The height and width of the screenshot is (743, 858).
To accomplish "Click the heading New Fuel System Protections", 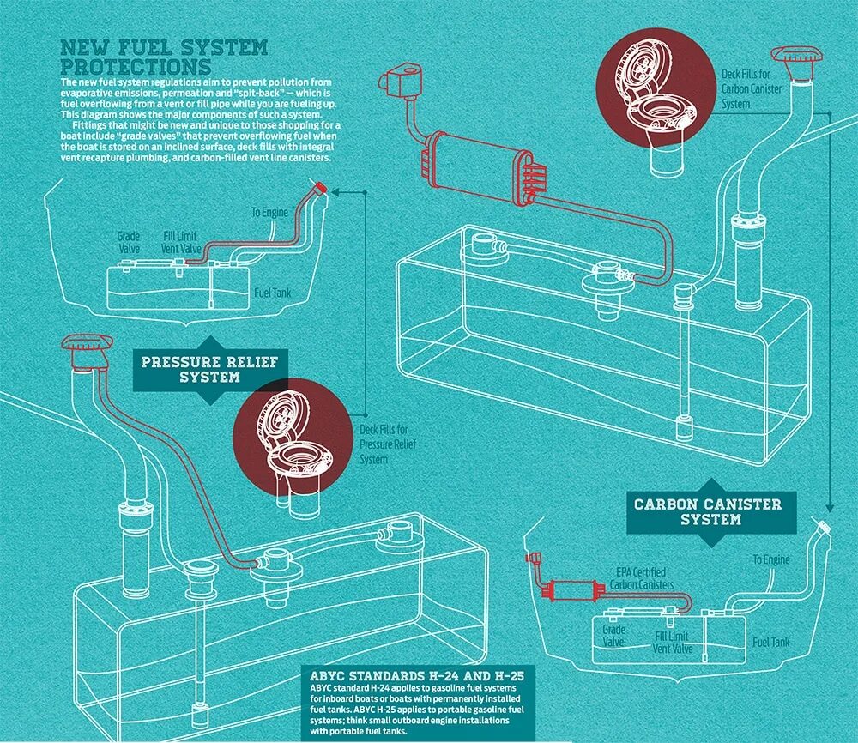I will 163,57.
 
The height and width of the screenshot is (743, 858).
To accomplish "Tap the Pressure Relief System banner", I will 209,368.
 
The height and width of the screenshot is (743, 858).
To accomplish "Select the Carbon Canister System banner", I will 708,511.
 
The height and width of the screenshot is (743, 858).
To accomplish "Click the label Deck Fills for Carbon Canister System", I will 749,89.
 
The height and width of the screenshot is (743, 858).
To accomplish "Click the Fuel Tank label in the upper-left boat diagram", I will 272,293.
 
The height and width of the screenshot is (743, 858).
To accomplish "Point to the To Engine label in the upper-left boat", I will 267,212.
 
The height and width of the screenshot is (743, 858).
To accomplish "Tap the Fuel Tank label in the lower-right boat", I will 770,642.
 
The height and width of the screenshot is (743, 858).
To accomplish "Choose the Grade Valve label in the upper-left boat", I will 129,241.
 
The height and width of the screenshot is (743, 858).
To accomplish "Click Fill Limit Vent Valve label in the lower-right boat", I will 673,643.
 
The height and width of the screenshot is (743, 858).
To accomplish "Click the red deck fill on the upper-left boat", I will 321,188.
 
